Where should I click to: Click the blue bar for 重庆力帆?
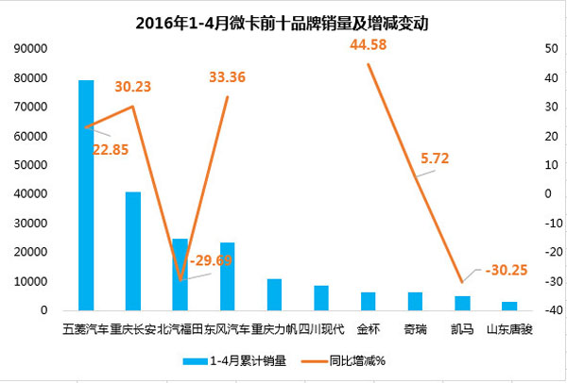tap(274, 294)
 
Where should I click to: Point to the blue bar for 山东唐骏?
tap(509, 306)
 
